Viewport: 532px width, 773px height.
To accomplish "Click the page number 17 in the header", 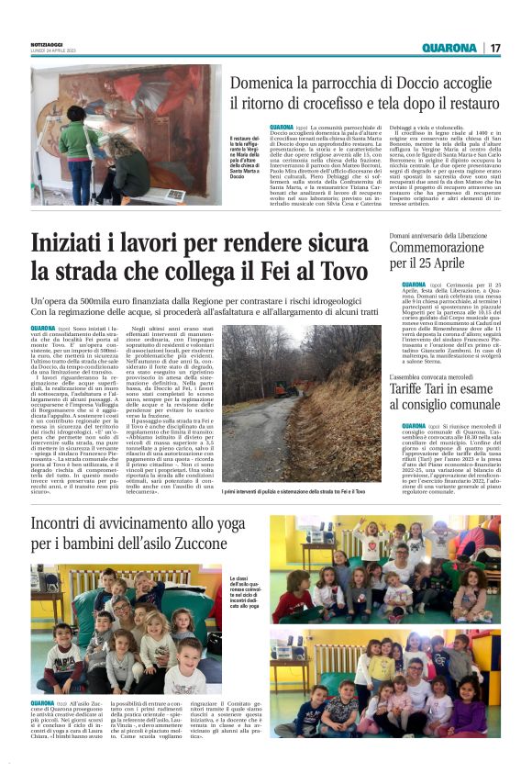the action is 494,48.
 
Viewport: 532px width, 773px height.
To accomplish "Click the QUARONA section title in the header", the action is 449,48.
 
